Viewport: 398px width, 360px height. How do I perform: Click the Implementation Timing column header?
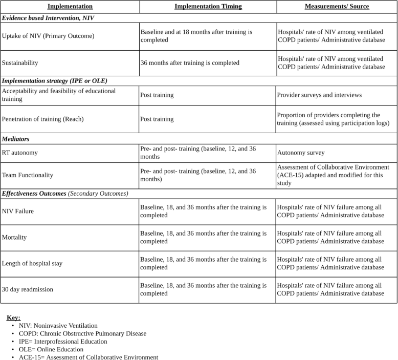pos(208,6)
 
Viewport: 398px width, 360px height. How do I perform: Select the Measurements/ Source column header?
pos(337,6)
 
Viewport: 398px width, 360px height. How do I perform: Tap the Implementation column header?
pos(70,6)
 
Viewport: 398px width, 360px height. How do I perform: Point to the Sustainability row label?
pos(20,63)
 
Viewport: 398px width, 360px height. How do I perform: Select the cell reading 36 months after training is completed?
pos(190,63)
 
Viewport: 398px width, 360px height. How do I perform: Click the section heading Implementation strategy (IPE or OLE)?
pos(54,80)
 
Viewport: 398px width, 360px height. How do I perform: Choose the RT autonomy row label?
pos(19,152)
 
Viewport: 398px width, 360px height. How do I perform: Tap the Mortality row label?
pos(14,238)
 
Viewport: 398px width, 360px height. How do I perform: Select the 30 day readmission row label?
pos(28,289)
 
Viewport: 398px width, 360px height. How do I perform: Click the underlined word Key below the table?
pos(13,317)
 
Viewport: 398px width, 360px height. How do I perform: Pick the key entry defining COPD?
pos(82,333)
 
